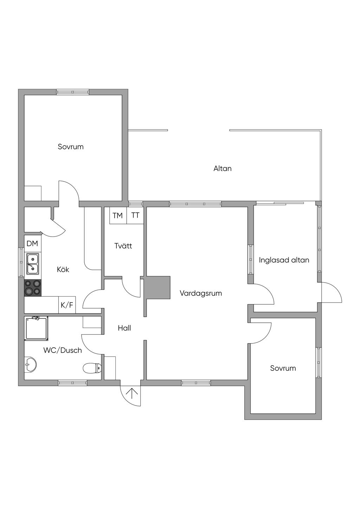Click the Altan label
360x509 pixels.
223,169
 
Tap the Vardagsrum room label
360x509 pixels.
201,293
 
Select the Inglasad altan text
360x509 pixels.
284,260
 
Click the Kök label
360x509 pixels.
63,270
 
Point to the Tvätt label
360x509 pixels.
123,246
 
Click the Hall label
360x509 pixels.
124,328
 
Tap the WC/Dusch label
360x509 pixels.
63,350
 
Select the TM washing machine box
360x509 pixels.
118,215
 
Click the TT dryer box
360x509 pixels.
135,215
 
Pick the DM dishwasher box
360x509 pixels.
32,243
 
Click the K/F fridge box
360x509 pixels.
67,305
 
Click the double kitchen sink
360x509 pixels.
33,264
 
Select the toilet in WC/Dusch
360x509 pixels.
92,368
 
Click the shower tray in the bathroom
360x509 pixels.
36,328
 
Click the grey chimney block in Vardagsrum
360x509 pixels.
158,288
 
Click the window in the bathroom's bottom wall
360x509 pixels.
73,382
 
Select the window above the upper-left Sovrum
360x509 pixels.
73,92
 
